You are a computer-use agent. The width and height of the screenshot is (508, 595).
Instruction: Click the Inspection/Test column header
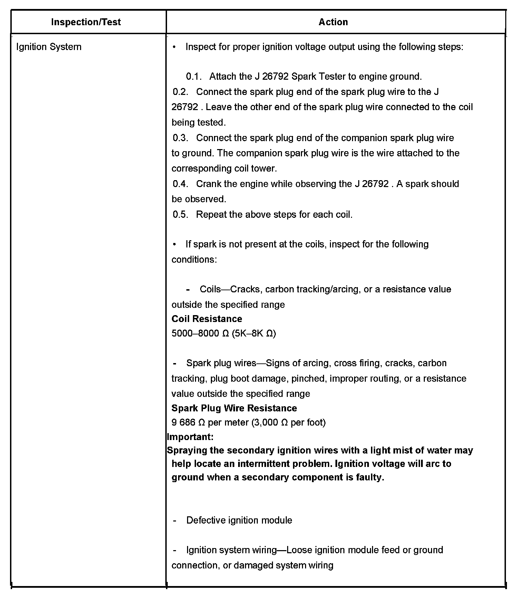coord(86,22)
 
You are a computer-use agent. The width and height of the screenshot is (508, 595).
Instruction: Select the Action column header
coord(333,22)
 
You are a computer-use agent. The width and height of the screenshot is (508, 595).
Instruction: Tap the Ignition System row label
coord(49,47)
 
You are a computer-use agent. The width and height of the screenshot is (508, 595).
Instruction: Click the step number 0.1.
coord(193,76)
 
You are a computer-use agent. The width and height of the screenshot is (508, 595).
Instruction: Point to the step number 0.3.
coord(180,138)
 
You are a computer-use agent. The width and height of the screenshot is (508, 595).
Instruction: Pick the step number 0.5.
coord(180,215)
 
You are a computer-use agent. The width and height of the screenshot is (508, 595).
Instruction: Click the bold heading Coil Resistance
coord(207,319)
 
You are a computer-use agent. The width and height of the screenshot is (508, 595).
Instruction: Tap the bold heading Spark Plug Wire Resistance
coord(234,408)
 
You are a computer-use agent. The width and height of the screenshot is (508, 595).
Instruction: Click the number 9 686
coord(183,423)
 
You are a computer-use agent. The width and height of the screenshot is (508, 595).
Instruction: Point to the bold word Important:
coord(190,437)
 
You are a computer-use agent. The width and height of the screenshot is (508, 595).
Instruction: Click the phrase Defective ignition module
coord(239,520)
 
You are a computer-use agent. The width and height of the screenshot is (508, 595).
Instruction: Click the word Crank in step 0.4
coord(208,184)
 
